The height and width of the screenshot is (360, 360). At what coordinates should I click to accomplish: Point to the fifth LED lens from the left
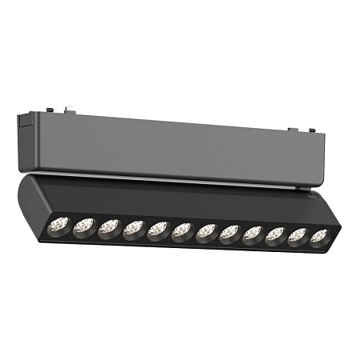[x=158, y=230]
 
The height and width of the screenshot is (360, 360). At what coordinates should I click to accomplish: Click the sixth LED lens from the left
[x=182, y=232]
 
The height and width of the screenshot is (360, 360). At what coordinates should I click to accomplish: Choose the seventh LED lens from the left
[x=206, y=233]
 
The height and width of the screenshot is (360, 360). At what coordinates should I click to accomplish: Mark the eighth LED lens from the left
[x=230, y=234]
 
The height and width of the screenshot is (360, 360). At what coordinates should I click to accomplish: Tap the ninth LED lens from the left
[x=253, y=235]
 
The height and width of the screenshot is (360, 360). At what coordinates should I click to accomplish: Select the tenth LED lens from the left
[x=276, y=236]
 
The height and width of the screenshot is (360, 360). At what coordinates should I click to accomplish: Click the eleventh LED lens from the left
[x=298, y=237]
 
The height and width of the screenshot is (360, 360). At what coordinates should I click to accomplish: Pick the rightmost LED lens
[x=319, y=238]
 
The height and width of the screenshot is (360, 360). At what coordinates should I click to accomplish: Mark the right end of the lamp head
[x=337, y=224]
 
